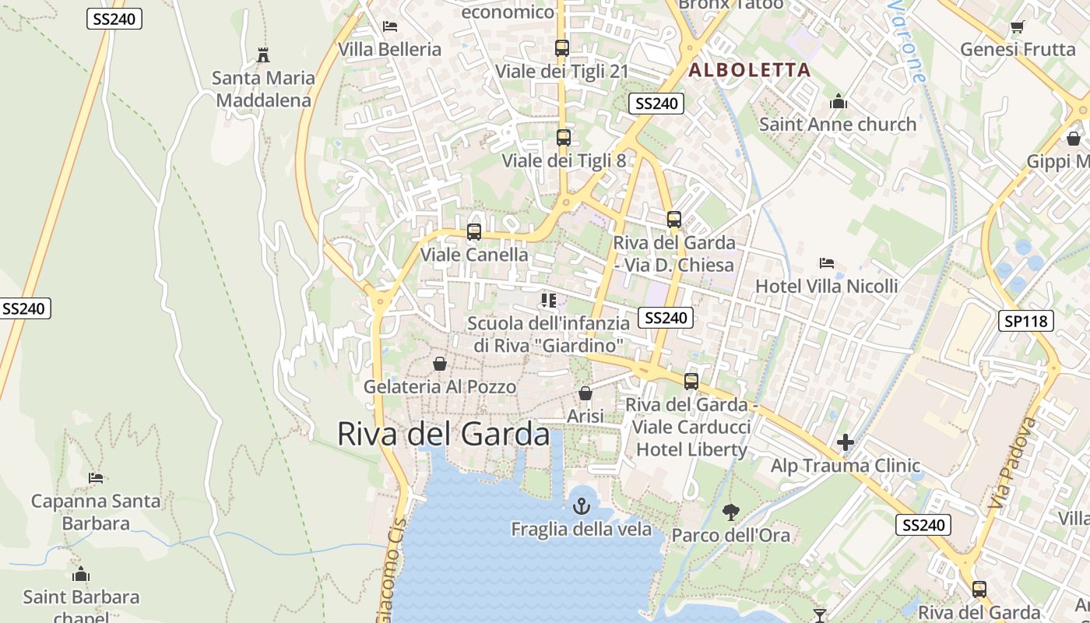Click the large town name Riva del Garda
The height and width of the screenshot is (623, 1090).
(x=443, y=434)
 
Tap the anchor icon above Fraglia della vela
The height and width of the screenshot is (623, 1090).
(x=581, y=507)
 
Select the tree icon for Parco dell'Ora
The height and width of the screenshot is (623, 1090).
(x=730, y=512)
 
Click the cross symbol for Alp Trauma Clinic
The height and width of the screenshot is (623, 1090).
(x=846, y=443)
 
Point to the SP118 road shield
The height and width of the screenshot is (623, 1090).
(x=1025, y=320)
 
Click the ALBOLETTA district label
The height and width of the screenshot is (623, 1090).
(x=750, y=70)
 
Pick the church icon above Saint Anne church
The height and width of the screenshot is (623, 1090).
(x=838, y=101)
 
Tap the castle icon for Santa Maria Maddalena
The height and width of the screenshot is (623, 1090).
(x=263, y=55)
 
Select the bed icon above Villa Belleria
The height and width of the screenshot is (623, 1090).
(x=390, y=26)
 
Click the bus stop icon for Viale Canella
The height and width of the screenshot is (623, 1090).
(x=473, y=232)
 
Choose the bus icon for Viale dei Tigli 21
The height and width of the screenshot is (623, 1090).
(x=562, y=48)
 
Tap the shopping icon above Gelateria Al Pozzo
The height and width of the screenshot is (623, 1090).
(x=440, y=364)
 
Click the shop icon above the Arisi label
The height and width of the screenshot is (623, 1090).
(x=585, y=394)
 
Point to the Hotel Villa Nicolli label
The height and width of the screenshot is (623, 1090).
(x=826, y=286)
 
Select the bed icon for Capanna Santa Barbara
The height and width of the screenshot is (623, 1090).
(x=96, y=477)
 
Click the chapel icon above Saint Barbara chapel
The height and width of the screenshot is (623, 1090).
(x=81, y=575)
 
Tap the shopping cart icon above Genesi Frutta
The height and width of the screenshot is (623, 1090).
(x=1017, y=27)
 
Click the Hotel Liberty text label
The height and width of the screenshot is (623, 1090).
(x=691, y=449)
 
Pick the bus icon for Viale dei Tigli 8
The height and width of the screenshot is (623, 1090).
(x=563, y=138)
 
